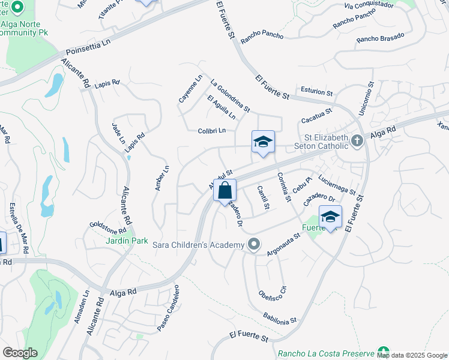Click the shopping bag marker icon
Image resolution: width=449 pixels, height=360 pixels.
(224, 191)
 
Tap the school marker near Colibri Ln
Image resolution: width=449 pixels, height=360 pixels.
(262, 142)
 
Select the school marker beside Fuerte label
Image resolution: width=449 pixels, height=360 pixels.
(330, 217)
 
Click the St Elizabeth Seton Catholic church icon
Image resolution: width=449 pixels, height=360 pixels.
(357, 141)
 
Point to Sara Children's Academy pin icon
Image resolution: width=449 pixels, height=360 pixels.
(255, 244)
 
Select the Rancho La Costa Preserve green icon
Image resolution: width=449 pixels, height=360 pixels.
(383, 351)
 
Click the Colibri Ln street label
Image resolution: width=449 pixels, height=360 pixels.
(212, 130)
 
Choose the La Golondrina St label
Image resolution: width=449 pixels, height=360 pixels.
(229, 95)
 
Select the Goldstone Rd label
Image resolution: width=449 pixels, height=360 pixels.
(108, 227)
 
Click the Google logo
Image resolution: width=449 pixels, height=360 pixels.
(20, 352)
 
